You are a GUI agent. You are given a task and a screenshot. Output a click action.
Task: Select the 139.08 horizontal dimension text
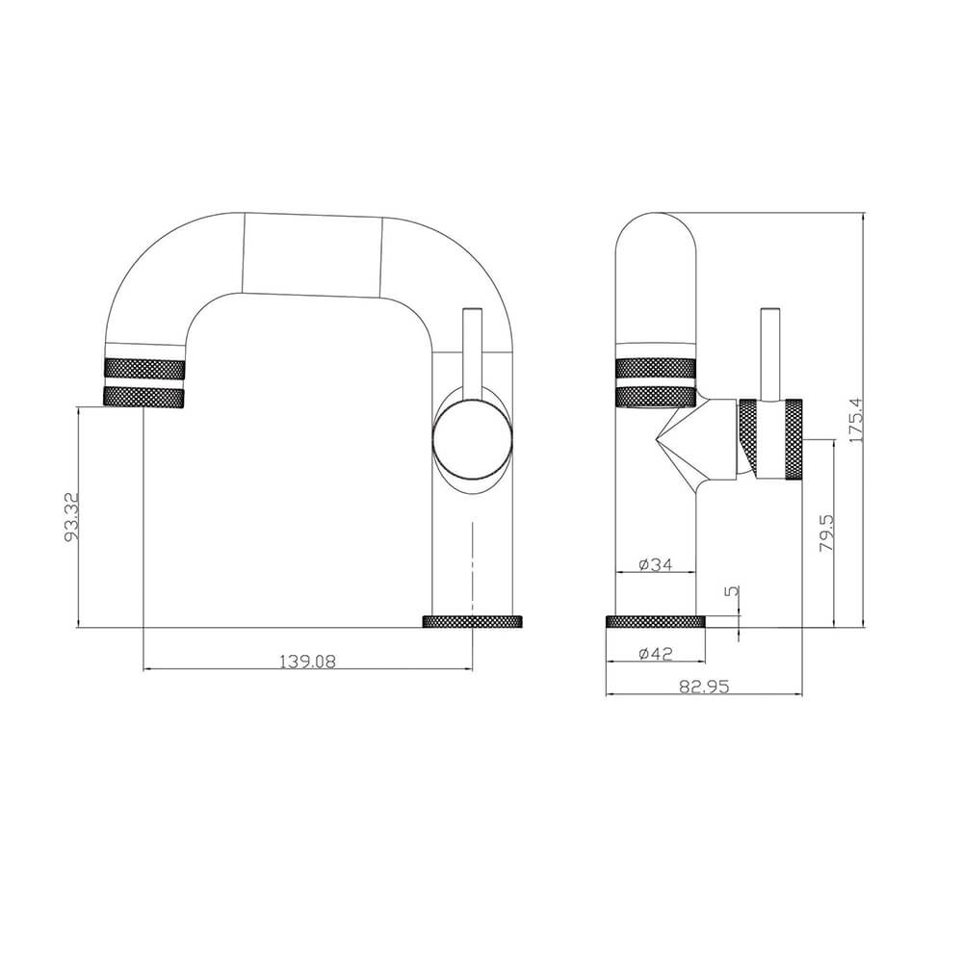click(307, 661)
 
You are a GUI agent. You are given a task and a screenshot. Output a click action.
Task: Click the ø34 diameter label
click(655, 564)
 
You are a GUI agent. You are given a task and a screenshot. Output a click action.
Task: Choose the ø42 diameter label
click(655, 654)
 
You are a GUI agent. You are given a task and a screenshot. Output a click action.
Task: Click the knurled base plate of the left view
click(472, 621)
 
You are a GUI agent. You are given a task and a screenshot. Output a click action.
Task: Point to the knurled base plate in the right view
click(655, 621)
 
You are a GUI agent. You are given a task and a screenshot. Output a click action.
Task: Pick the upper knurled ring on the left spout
click(143, 367)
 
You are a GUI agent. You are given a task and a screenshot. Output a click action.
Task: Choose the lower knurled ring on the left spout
click(143, 397)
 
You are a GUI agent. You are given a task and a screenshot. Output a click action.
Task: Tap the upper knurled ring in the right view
click(655, 367)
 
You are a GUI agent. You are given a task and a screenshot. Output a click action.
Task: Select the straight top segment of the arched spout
click(312, 255)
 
